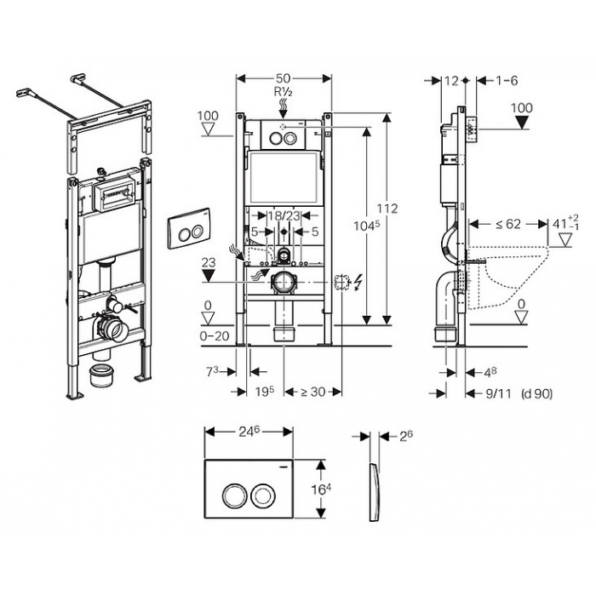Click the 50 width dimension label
click(284, 78)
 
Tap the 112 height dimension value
click(387, 209)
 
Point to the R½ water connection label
click(284, 92)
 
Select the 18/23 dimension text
click(284, 216)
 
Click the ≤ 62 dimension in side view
click(508, 224)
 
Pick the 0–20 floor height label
click(215, 336)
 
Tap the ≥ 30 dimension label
click(313, 392)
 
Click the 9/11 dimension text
click(499, 393)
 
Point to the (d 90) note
click(537, 393)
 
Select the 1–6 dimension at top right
click(507, 81)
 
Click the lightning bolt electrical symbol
click(358, 283)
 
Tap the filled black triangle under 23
click(209, 275)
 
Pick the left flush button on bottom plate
click(231, 495)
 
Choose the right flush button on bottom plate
click(261, 495)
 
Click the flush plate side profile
click(374, 492)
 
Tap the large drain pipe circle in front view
click(283, 283)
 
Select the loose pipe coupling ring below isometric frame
click(102, 375)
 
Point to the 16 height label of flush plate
click(321, 490)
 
